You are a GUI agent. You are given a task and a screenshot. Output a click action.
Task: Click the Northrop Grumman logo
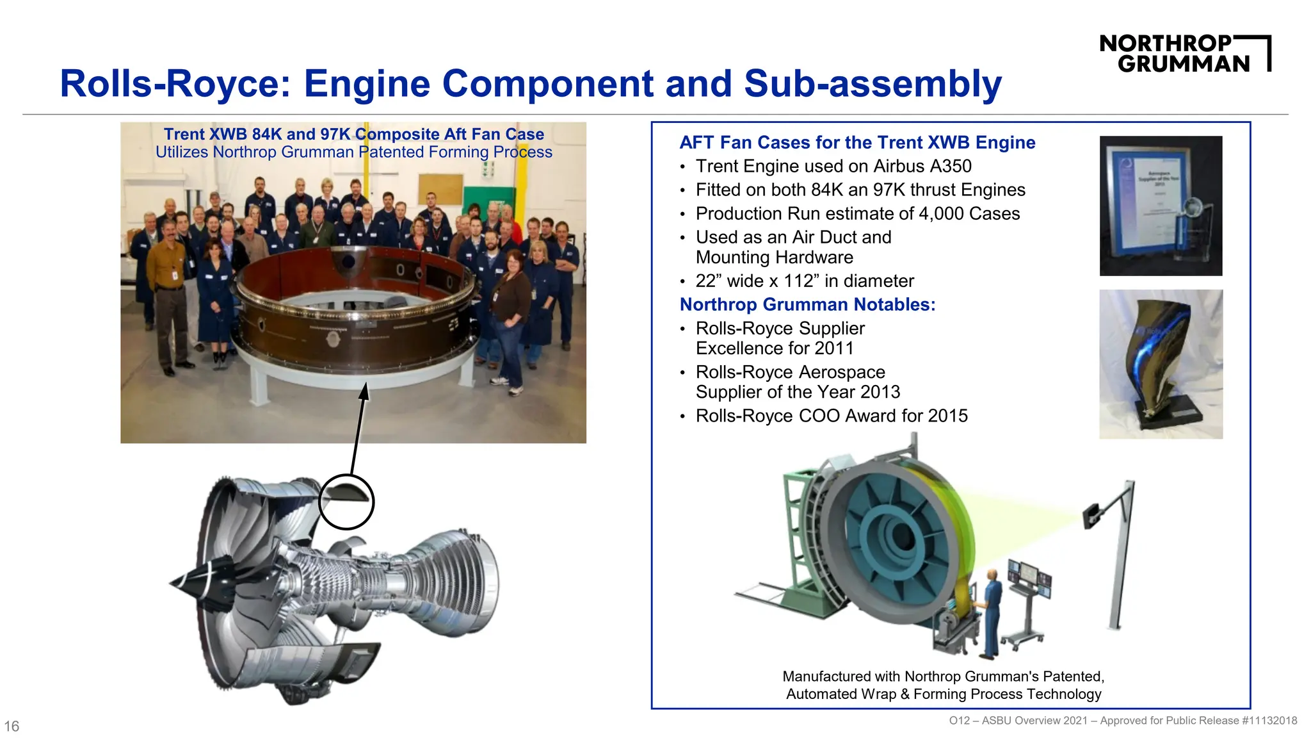point(1184,53)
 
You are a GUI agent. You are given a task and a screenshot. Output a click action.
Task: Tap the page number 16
point(12,726)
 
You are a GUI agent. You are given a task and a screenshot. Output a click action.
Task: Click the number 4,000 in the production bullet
point(941,213)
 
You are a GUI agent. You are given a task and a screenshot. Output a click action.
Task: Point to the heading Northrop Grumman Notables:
point(807,304)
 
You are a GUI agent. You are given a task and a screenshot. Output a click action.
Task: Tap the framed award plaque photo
point(1160,206)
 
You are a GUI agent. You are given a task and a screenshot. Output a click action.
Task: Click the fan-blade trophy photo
point(1160,364)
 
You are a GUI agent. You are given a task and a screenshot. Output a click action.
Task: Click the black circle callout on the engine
point(346,502)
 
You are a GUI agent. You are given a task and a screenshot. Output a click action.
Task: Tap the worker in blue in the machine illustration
point(991,612)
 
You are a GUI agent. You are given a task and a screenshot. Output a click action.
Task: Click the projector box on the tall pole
point(1092,516)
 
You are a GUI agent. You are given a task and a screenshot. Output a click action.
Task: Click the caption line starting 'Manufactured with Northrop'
point(943,676)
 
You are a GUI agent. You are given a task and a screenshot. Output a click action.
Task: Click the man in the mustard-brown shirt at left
point(167,282)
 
